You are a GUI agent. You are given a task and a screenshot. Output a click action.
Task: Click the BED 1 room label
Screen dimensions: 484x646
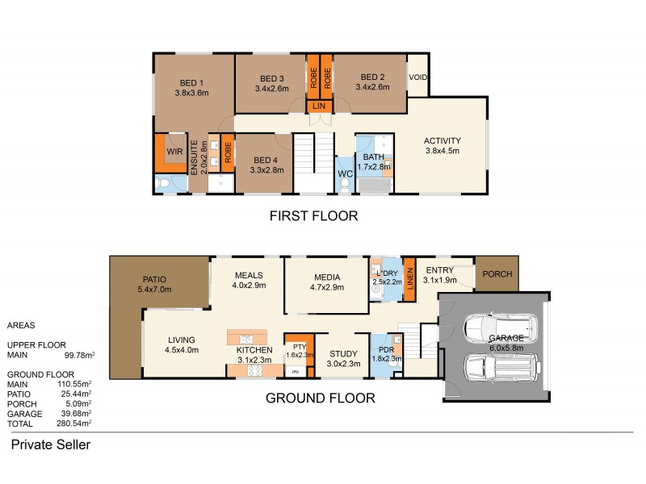(x=191, y=82)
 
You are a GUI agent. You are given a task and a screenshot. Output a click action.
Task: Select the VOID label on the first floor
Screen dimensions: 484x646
(x=417, y=78)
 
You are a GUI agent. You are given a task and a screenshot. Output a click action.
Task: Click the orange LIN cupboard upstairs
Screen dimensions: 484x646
(x=319, y=105)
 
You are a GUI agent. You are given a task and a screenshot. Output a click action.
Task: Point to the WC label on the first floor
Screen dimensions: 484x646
(x=345, y=173)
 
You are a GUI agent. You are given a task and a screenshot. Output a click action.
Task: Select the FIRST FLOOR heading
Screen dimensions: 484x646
(x=313, y=216)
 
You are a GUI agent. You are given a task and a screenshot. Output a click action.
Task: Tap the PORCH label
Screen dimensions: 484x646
(x=497, y=274)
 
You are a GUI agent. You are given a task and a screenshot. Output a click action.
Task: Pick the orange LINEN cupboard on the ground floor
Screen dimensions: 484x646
(x=409, y=278)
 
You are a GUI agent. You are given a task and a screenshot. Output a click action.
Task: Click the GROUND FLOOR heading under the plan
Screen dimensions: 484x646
(x=320, y=398)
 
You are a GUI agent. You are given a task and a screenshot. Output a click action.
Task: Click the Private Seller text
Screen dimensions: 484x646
(x=50, y=444)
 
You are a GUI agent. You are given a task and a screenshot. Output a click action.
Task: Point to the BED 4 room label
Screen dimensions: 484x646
(x=266, y=160)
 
